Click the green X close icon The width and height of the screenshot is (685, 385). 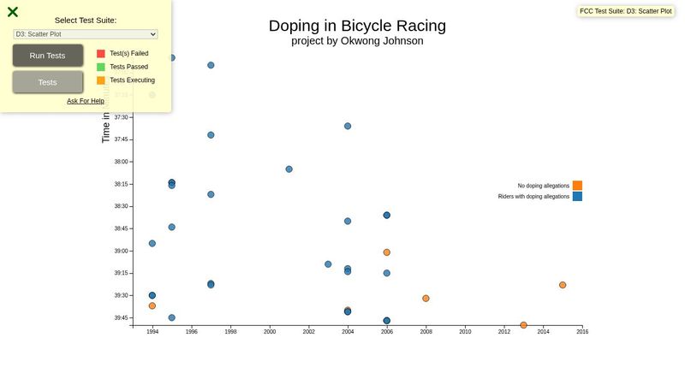point(13,12)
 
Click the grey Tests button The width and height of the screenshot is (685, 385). point(48,82)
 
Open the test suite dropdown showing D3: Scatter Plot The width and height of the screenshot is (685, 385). point(86,34)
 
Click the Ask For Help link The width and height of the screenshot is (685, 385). point(86,101)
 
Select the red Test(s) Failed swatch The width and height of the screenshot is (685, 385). point(101,53)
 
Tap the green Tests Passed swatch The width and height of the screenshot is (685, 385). point(101,67)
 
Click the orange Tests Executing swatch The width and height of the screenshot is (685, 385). point(101,80)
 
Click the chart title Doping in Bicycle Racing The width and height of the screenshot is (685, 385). point(357,26)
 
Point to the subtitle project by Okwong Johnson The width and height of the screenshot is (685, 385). point(357,40)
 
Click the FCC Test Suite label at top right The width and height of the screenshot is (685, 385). point(625,11)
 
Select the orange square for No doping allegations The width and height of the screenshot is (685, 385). point(577,186)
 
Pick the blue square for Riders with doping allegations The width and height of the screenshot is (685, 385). point(577,197)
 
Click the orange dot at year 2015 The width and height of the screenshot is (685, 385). point(563,285)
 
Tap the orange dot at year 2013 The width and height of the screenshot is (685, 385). point(523,325)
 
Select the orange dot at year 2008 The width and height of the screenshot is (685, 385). point(426,299)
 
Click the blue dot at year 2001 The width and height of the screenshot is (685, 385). point(289,169)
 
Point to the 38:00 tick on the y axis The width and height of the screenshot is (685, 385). point(121,162)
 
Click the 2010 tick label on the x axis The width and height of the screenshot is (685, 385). point(465,332)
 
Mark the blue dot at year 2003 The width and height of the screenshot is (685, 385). point(328,264)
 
